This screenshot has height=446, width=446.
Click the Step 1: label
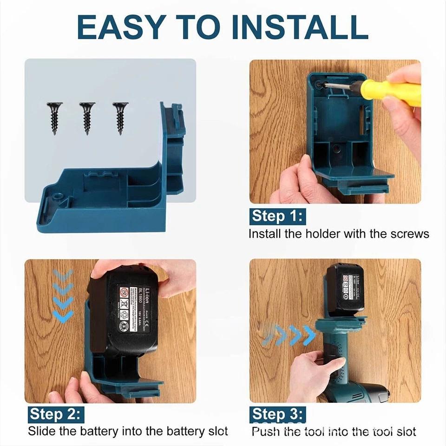pos(278,216)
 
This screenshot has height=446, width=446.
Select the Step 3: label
pos(278,413)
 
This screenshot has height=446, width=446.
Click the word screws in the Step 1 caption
pos(409,234)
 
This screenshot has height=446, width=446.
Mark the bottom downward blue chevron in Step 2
pos(63,317)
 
